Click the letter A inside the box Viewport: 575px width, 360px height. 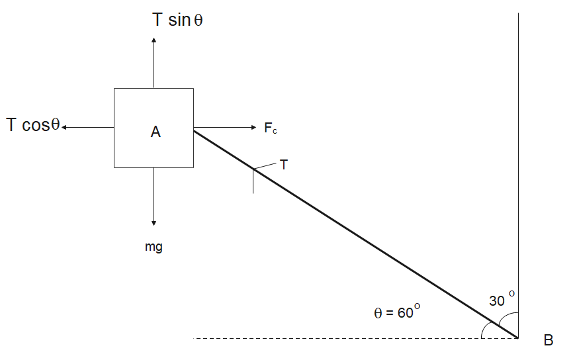(155, 132)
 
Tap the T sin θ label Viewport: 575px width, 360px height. (177, 20)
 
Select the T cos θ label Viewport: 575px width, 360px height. (33, 125)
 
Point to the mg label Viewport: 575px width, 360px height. (154, 247)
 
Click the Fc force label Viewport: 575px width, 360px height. (271, 128)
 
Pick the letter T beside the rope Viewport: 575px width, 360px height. (284, 165)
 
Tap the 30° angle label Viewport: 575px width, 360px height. (502, 299)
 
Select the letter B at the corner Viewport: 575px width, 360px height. (548, 341)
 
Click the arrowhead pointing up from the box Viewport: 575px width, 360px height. (154, 40)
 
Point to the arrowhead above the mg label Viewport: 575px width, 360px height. (154, 223)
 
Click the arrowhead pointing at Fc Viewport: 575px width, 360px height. (253, 127)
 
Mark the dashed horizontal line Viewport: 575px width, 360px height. (331, 338)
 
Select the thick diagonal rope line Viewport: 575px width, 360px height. (357, 234)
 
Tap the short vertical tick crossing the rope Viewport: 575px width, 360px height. (253, 183)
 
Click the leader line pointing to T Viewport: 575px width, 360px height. (266, 165)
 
